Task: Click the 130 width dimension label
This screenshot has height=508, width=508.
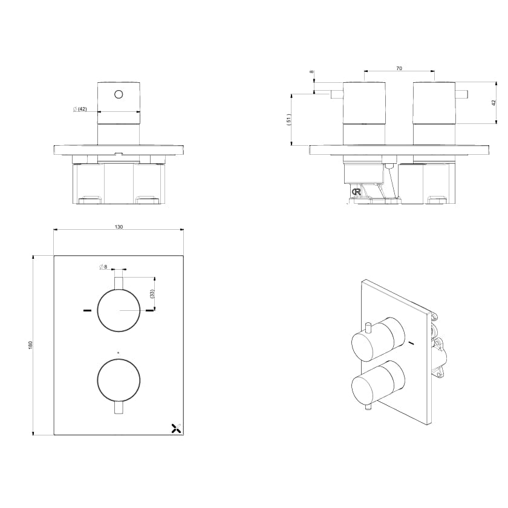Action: [119, 227]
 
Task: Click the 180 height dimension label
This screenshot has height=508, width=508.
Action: [30, 344]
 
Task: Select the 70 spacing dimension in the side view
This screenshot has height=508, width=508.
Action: [399, 68]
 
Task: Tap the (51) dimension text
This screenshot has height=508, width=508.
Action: [289, 120]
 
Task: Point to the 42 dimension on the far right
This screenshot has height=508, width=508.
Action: [493, 102]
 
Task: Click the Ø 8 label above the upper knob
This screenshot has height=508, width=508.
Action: [102, 266]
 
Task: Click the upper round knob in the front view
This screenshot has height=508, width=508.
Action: [119, 310]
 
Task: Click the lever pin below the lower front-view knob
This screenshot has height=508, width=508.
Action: [119, 409]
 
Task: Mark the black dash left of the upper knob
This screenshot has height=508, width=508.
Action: [87, 311]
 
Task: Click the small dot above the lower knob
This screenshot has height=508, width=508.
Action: [119, 352]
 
